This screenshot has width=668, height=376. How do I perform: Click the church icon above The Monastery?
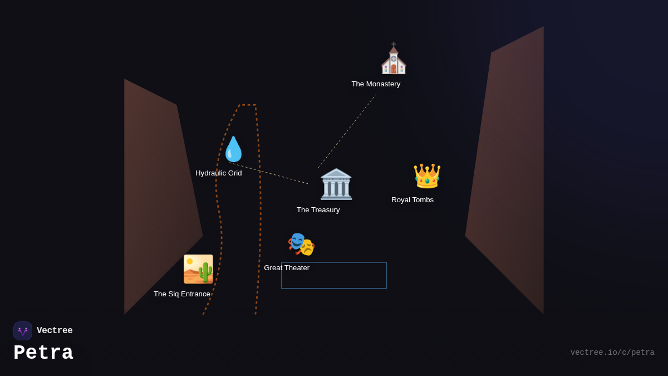(394, 59)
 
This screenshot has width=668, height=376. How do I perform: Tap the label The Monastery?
(376, 84)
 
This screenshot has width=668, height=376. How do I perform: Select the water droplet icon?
(233, 149)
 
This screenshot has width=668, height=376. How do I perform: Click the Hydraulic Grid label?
(219, 173)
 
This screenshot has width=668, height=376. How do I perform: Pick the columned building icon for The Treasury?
(336, 184)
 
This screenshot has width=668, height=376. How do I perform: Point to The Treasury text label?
(318, 210)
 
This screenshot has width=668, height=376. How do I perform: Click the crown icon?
(427, 176)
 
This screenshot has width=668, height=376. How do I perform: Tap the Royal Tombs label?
(412, 200)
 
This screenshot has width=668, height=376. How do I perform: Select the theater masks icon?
(301, 244)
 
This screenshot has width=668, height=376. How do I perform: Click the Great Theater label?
(287, 268)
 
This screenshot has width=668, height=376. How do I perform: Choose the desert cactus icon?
(198, 269)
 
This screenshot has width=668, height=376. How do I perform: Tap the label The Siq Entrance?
(182, 294)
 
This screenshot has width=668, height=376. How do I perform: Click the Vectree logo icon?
(23, 331)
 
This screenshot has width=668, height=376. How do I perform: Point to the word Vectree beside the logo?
(55, 331)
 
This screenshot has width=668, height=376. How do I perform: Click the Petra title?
(43, 353)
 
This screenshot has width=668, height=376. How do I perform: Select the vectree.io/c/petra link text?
(612, 353)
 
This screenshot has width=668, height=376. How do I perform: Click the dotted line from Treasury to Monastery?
(347, 131)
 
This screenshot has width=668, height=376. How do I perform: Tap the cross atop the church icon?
(394, 44)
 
